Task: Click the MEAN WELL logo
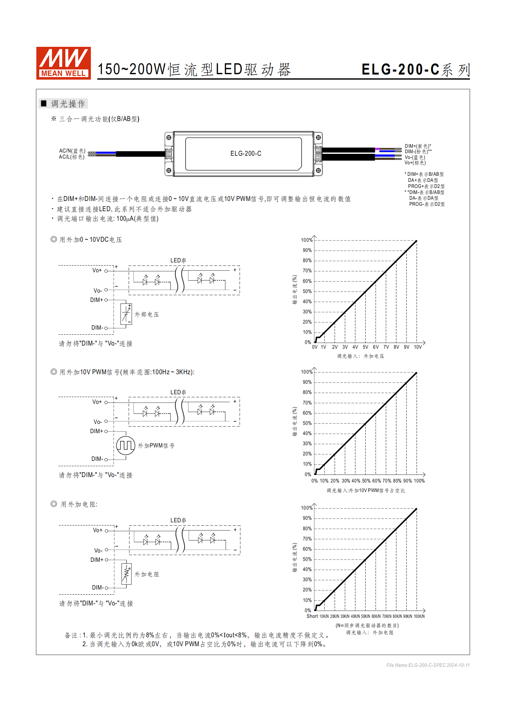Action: (x=63, y=63)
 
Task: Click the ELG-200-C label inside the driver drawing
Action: (x=246, y=154)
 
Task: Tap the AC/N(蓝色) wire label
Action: (x=72, y=151)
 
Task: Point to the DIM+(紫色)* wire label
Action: (x=418, y=146)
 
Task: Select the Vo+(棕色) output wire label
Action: (x=415, y=163)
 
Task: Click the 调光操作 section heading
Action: (x=68, y=104)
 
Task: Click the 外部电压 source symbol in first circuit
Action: (x=126, y=314)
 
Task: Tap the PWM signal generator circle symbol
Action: (x=126, y=445)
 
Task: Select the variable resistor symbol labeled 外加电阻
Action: (x=126, y=574)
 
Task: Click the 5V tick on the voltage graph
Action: (x=365, y=347)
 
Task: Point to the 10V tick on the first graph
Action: (x=417, y=347)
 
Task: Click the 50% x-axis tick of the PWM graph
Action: (x=366, y=481)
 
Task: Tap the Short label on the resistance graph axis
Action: (x=312, y=616)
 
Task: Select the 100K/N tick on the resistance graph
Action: (x=419, y=617)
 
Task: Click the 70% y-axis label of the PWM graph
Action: (x=307, y=403)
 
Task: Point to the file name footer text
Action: (x=428, y=665)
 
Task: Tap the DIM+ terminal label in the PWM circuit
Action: (x=96, y=431)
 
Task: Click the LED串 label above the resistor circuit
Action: (x=178, y=520)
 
